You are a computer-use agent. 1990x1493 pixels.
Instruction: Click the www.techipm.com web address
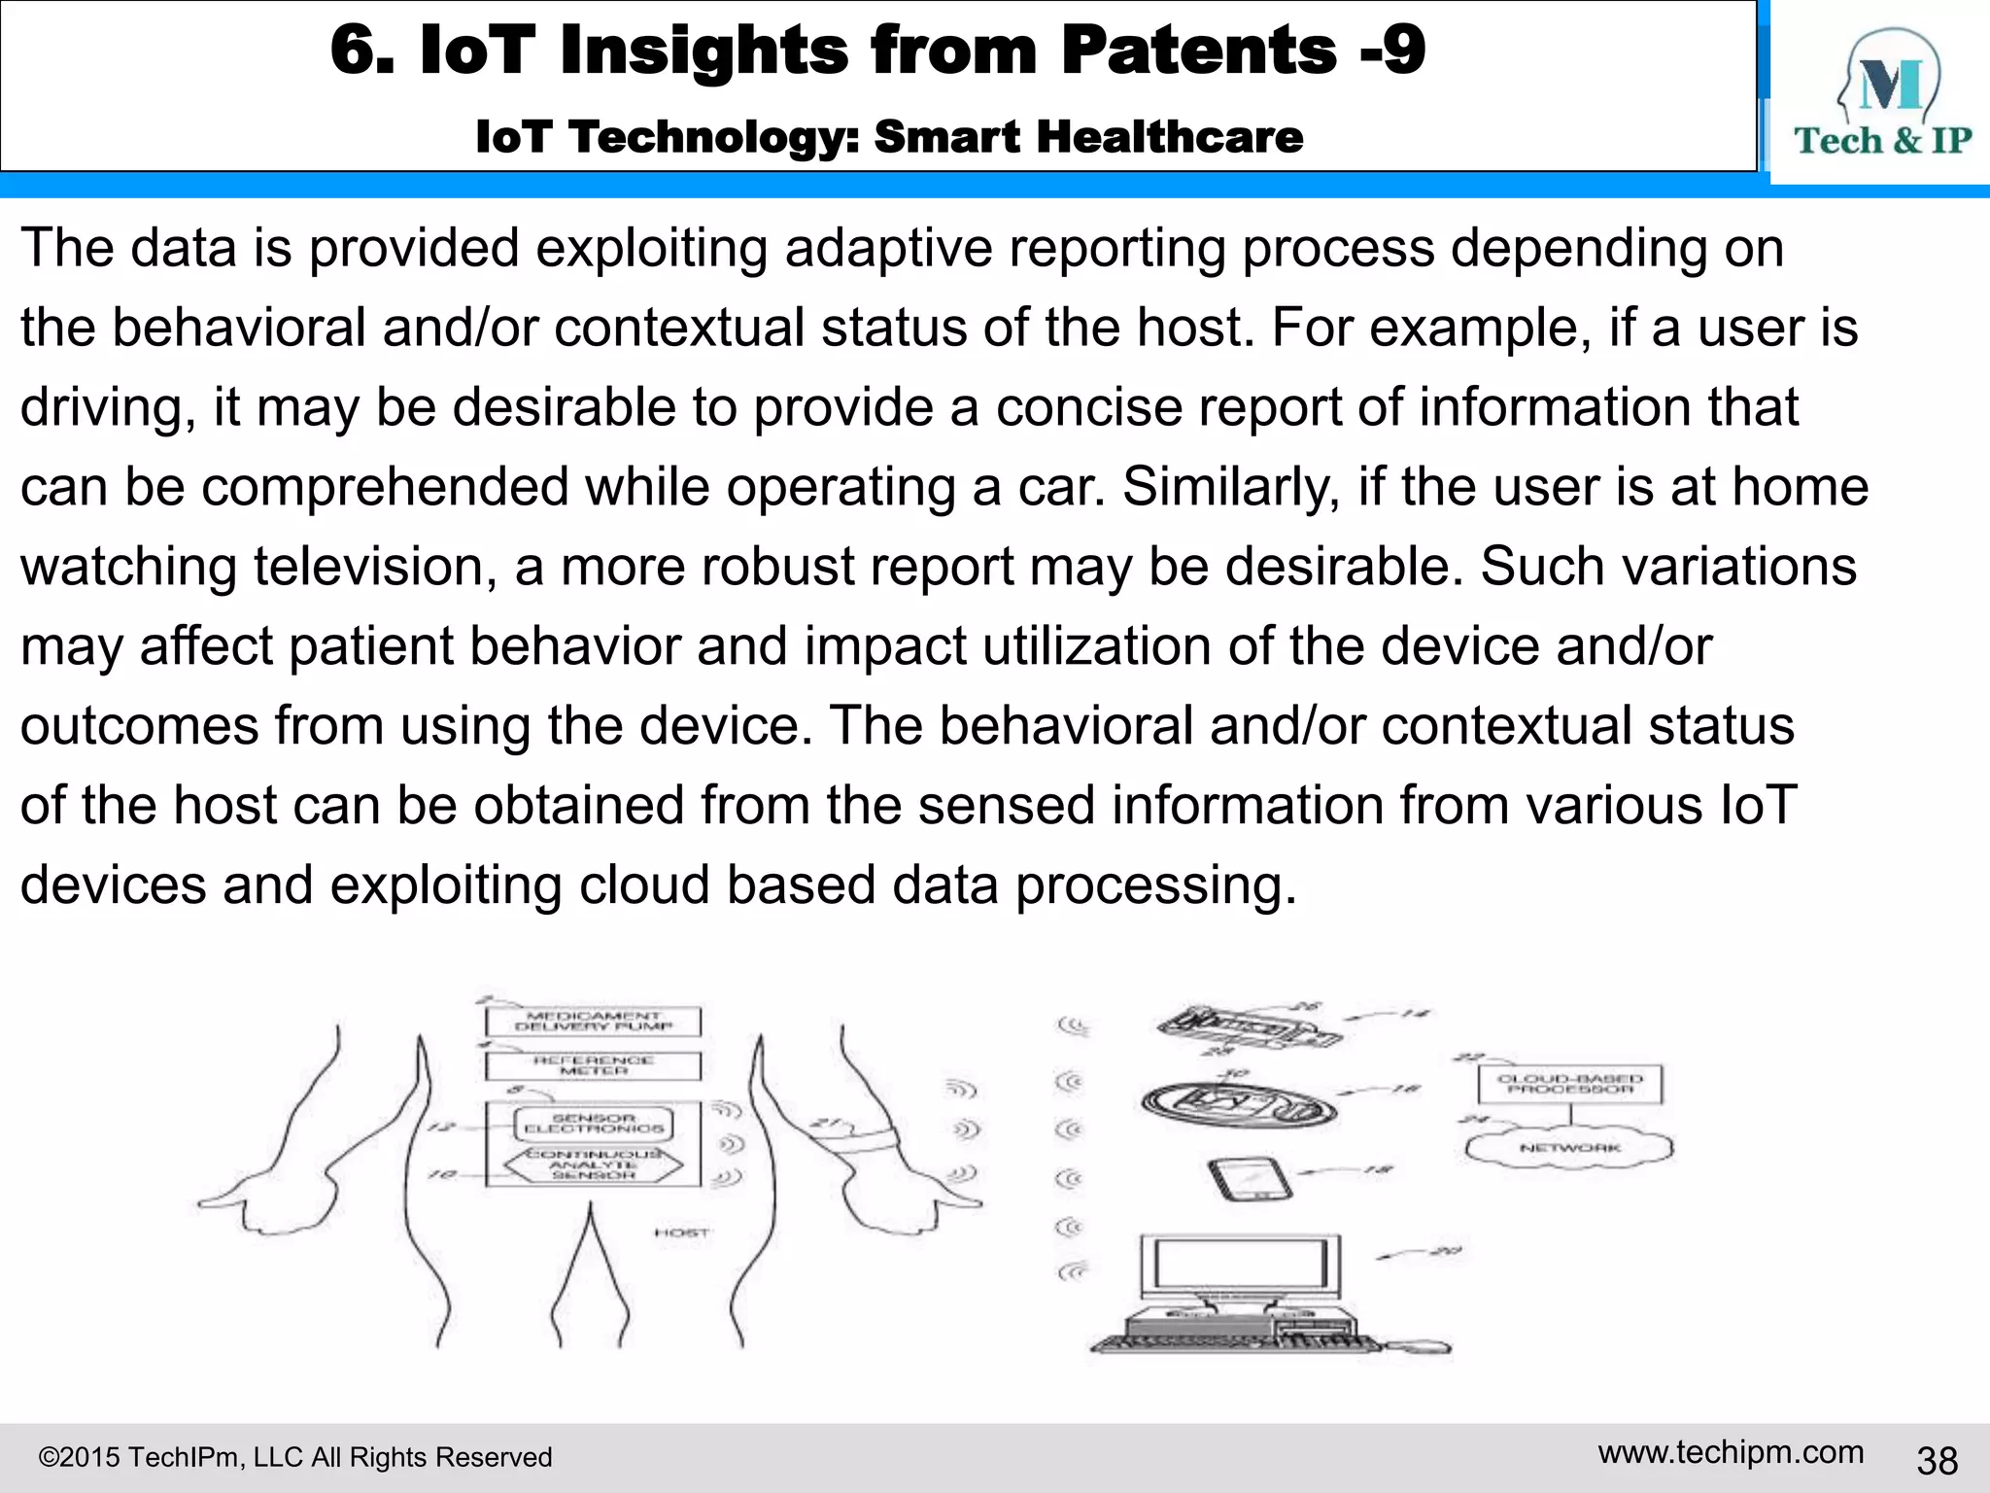click(x=1731, y=1452)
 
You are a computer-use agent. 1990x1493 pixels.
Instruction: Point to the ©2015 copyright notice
click(x=294, y=1457)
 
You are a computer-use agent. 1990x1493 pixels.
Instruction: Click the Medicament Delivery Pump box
click(x=593, y=1021)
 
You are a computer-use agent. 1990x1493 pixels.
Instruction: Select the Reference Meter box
click(x=593, y=1065)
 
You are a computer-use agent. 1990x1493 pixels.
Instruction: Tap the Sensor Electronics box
click(x=593, y=1124)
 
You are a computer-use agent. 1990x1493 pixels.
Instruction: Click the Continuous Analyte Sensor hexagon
click(x=593, y=1164)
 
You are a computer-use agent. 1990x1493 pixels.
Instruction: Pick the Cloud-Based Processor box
click(x=1569, y=1084)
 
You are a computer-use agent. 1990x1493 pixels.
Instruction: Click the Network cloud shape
click(x=1569, y=1148)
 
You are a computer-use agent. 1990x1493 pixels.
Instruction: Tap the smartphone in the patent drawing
click(x=1251, y=1179)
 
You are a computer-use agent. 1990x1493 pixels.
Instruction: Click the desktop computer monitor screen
click(x=1239, y=1266)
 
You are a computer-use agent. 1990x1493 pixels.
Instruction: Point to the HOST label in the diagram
click(x=682, y=1233)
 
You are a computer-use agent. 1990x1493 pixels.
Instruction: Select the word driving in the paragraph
click(x=101, y=407)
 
